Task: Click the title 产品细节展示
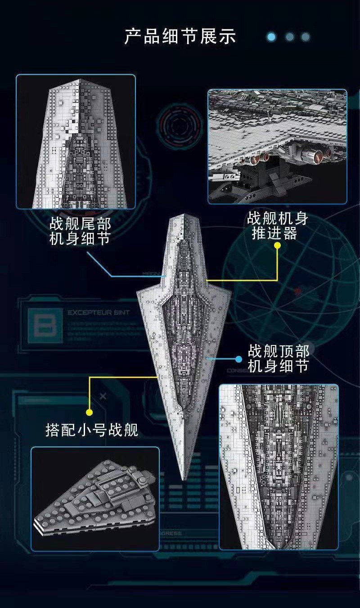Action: pos(180,36)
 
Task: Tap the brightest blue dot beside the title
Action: pos(271,37)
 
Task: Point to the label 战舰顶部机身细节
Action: pos(278,358)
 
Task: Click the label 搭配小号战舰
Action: pos(92,430)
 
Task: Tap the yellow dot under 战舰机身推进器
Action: pos(278,246)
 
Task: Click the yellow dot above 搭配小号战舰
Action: pos(90,412)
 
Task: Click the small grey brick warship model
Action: pos(95,498)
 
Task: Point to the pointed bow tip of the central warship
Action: pos(183,477)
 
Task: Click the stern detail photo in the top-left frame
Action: pos(76,141)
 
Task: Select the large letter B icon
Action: pos(45,323)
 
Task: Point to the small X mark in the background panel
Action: pos(103,396)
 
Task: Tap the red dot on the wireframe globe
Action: pos(297,291)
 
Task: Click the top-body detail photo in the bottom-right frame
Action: pos(278,467)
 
